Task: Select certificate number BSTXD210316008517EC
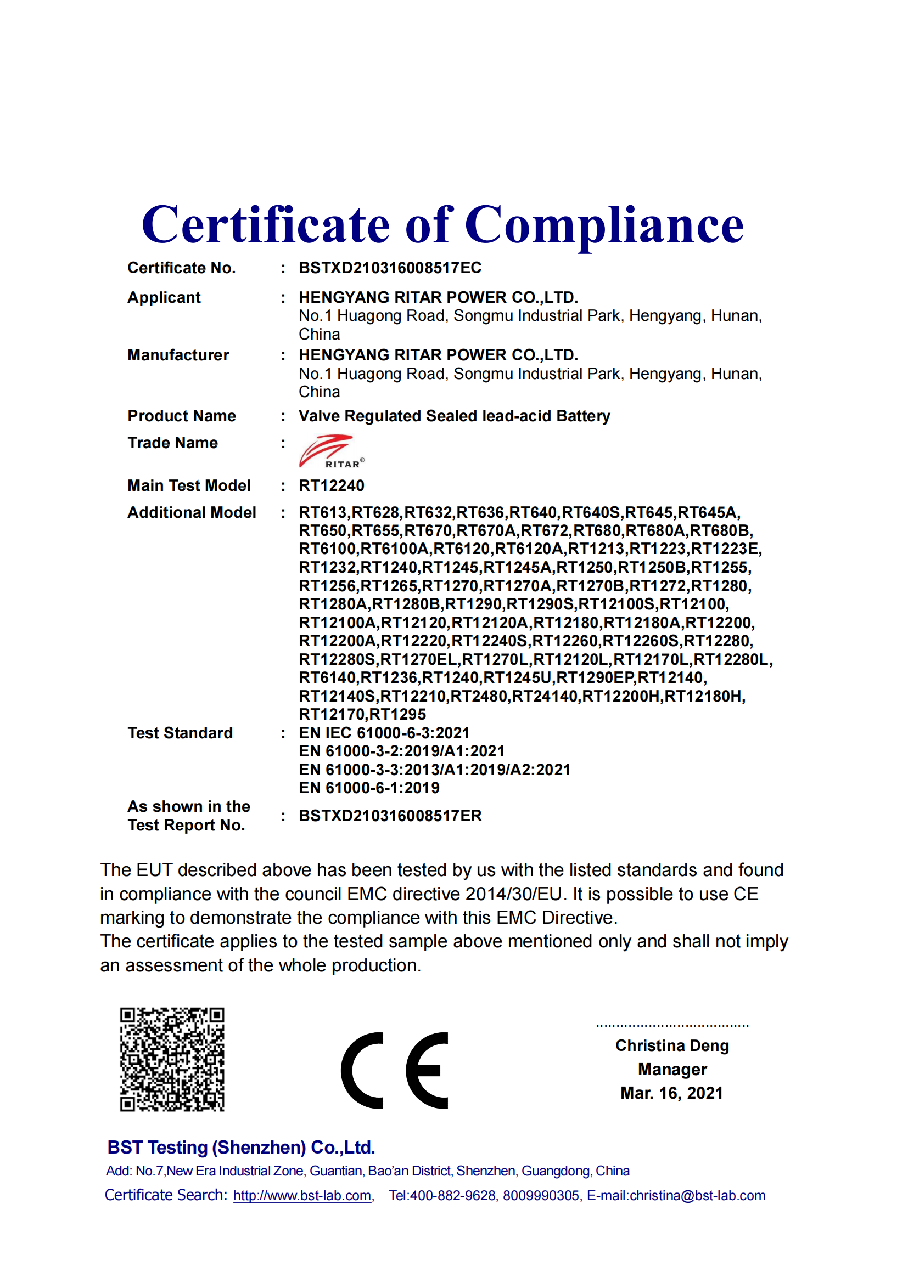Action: pos(390,268)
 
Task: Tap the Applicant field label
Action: pos(164,297)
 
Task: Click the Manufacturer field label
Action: pos(178,355)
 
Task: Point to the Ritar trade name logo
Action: pos(331,451)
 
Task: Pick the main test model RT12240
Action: pos(331,485)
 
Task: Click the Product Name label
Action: pos(181,416)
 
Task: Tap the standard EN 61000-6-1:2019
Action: pos(369,788)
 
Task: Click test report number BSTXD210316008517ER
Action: pos(390,816)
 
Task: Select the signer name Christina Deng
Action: pos(672,1045)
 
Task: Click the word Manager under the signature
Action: pos(672,1070)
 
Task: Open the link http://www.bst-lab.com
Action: pos(302,1196)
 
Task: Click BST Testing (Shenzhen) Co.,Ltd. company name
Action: pos(241,1147)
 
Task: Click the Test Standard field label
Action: pos(180,733)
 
